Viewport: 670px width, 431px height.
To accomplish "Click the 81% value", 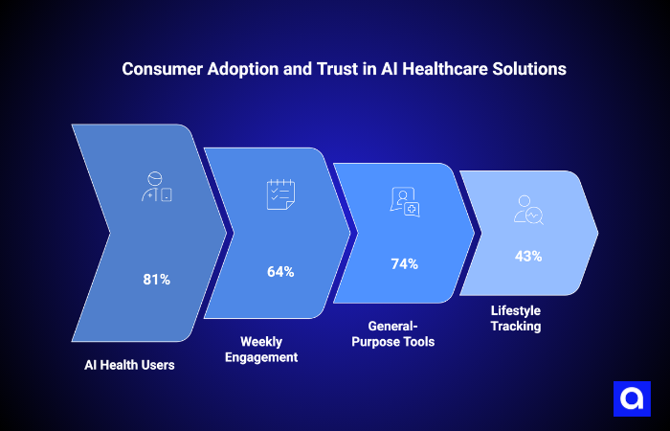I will point(156,280).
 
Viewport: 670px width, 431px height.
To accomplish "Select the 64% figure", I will point(280,271).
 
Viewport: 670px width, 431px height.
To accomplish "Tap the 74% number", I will point(405,263).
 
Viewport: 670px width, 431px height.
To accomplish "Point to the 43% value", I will point(528,256).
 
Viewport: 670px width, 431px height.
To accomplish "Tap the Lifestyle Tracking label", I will point(516,318).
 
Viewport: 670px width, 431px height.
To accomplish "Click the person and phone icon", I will point(156,188).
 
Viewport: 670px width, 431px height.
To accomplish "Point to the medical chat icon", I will point(404,201).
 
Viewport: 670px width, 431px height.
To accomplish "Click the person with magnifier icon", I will point(528,209).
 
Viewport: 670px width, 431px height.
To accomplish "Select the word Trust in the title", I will point(300,70).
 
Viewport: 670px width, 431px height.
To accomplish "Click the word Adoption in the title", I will point(229,70).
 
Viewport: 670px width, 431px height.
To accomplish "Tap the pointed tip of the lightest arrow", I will point(597,233).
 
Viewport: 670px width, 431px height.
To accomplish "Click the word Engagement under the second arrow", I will point(268,357).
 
